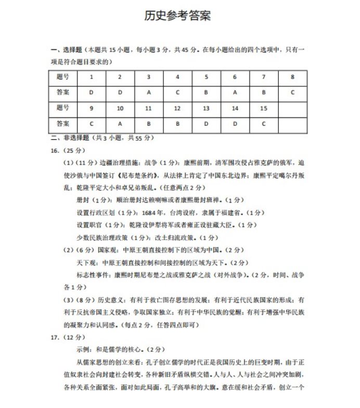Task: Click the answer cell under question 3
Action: (149, 93)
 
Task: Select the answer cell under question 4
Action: (177, 93)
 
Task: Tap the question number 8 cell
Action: (293, 77)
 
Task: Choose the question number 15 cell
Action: (264, 108)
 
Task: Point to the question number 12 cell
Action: (177, 108)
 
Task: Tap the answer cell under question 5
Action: (206, 93)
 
